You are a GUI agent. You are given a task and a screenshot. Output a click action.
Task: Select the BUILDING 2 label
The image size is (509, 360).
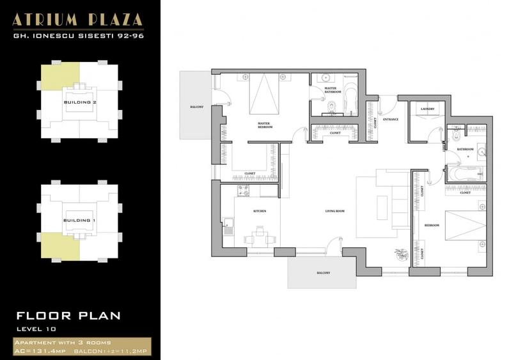(80, 102)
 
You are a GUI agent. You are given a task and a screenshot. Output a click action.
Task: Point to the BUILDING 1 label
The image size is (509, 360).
(80, 221)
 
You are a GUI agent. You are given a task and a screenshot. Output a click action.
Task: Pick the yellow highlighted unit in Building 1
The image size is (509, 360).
(59, 246)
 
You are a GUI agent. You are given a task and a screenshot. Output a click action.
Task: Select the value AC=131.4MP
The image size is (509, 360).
(40, 351)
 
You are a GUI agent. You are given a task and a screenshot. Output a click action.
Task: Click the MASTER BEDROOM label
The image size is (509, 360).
(265, 125)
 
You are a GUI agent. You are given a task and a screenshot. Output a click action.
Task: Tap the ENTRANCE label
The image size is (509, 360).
(391, 120)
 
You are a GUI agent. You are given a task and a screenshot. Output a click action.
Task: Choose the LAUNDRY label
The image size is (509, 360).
(427, 109)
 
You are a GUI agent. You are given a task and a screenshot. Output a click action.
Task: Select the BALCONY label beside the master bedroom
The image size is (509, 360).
(196, 107)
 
